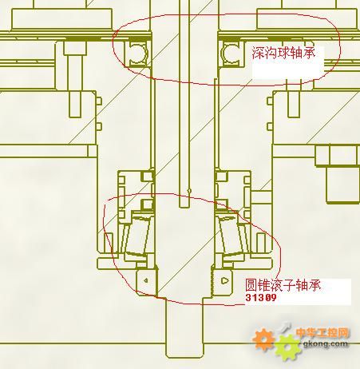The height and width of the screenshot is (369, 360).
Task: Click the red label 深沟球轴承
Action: pos(283,53)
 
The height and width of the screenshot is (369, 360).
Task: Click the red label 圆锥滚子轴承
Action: pos(283,285)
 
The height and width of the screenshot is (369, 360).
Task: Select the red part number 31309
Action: pos(261,297)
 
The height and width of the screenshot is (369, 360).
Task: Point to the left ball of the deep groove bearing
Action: pos(138,53)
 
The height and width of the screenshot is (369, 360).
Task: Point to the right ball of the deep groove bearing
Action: pos(231,53)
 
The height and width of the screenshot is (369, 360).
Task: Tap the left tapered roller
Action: pos(137,234)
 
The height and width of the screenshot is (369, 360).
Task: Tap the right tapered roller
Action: pos(231,234)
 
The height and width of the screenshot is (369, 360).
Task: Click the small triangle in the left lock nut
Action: pos(145,280)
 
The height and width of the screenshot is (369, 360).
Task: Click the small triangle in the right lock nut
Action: pos(225,280)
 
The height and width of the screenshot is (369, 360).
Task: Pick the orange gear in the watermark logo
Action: pos(263,339)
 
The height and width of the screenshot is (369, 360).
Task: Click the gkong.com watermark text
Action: pos(326,343)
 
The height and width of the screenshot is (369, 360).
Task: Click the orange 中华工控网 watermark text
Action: pos(322,333)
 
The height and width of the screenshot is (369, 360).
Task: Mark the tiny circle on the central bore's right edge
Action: pos(189,190)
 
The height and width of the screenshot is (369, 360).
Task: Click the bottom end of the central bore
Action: pos(184,207)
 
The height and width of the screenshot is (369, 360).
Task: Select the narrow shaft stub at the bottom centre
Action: pos(184,327)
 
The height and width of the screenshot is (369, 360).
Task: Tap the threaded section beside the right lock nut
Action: pos(212,280)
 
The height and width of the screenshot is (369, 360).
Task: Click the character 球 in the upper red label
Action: pos(283,53)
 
